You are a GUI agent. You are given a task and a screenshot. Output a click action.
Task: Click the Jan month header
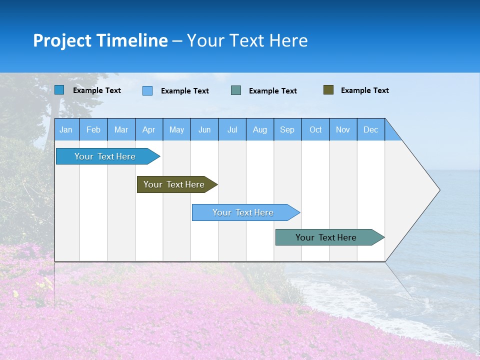(x=66, y=129)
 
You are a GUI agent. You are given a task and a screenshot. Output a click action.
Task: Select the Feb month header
(x=93, y=129)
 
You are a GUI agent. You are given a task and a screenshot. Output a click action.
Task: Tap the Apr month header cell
(x=149, y=129)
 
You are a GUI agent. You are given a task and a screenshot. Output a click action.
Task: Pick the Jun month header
(x=204, y=129)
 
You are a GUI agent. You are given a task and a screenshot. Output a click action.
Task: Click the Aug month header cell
(x=260, y=129)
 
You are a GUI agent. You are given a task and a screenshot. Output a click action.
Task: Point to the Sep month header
(x=287, y=129)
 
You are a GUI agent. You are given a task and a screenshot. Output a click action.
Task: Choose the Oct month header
(x=315, y=129)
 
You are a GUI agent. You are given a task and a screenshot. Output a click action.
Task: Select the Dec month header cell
(x=371, y=129)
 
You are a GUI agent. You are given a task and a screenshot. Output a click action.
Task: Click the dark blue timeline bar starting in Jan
(x=105, y=156)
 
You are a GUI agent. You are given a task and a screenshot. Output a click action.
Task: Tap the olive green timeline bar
(x=174, y=184)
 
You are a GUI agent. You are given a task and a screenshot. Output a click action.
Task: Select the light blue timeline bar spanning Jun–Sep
(x=243, y=212)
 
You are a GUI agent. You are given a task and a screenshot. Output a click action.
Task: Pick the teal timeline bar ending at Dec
(x=326, y=237)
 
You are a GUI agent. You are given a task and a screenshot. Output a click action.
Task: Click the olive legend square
(x=328, y=90)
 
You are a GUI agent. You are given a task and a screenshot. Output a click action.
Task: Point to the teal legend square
(x=236, y=90)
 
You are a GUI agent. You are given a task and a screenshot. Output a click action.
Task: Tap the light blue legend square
(x=147, y=90)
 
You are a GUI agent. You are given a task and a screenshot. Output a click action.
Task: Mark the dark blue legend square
(x=59, y=90)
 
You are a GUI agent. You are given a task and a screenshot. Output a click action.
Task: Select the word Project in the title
(x=62, y=40)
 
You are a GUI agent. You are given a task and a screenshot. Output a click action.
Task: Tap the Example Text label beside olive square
(x=364, y=90)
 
